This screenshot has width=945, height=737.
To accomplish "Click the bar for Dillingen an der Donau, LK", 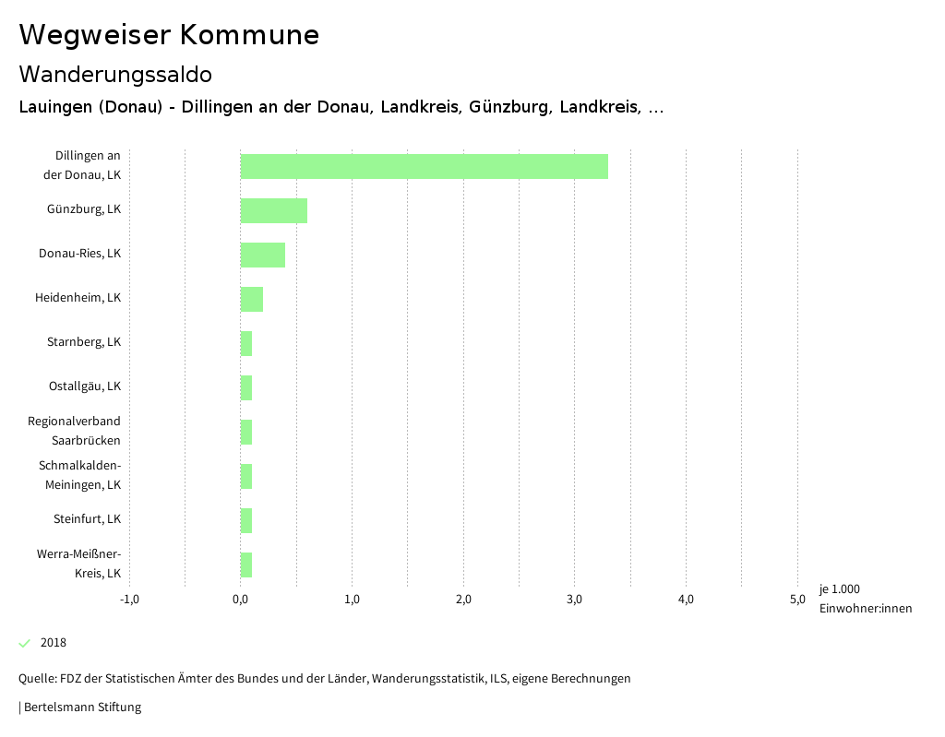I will coord(425,166).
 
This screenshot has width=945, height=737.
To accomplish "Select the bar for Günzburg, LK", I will coord(274,210).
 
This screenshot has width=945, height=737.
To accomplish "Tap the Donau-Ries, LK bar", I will coord(263,255).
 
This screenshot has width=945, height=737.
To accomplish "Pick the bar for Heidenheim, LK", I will coord(252,299).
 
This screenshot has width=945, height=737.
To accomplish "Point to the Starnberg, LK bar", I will coord(246,343).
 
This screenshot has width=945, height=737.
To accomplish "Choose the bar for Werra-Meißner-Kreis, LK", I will coord(246,565).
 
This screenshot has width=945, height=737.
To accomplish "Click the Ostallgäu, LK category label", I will coord(85,386).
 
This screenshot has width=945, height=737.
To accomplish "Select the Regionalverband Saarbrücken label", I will coord(75,431).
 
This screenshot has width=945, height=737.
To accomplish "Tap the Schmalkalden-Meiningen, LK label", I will coord(80,475).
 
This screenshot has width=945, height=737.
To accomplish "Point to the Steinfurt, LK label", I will coord(87,519).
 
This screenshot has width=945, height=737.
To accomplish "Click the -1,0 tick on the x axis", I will coord(129,600).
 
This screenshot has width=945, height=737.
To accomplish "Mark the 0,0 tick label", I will coord(241,600).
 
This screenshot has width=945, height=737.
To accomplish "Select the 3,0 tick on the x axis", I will coord(575,600).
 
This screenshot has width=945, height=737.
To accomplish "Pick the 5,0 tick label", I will coord(797,600).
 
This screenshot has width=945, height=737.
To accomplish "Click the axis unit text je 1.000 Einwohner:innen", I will coord(865,599).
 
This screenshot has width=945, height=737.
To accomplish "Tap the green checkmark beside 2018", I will coord(25,643).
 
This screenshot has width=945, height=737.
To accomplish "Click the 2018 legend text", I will coord(54,643).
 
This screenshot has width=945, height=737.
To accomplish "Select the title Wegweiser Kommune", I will coord(169,35).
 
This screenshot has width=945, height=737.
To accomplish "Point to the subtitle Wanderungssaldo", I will coord(115,74).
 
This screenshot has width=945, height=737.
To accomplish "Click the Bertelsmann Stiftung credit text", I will coord(82,707).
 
